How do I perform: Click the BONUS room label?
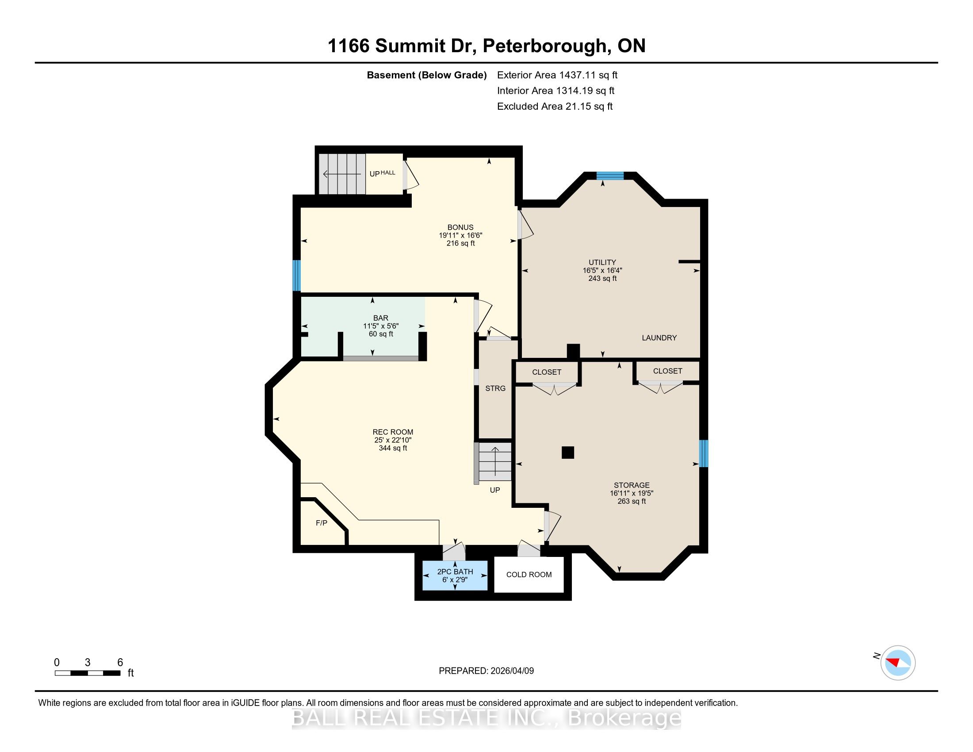[460, 227]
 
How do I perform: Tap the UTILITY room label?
[602, 262]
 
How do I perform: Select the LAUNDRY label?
[659, 338]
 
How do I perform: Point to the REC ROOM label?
[392, 432]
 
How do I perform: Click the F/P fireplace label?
[321, 522]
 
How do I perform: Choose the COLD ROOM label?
[529, 575]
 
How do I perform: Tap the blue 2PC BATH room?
[455, 575]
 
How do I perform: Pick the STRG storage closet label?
[495, 388]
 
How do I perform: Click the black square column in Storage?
[567, 453]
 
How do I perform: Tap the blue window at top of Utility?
[610, 176]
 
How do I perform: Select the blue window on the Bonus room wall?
[296, 276]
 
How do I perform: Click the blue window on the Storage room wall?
[704, 453]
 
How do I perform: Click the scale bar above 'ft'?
[88, 673]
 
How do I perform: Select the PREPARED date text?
[486, 671]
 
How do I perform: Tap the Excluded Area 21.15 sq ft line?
[555, 107]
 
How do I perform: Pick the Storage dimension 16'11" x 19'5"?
[631, 493]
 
